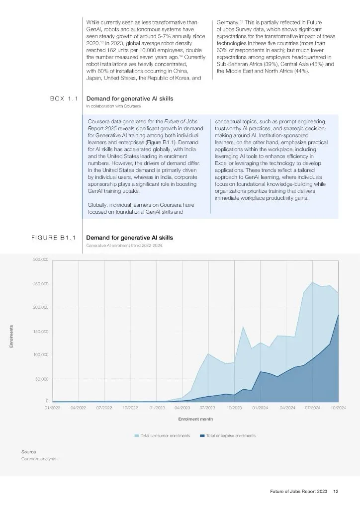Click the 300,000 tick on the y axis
click(x=41, y=260)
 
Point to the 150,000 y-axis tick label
click(x=41, y=332)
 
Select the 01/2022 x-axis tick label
click(x=52, y=407)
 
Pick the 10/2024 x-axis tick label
click(x=338, y=407)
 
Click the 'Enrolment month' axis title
click(x=195, y=419)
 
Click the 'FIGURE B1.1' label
click(x=53, y=238)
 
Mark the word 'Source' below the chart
click(x=28, y=452)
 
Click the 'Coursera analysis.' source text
click(x=39, y=459)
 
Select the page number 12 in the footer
click(x=336, y=492)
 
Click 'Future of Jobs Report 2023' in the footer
click(x=295, y=492)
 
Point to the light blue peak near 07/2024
click(x=312, y=282)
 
